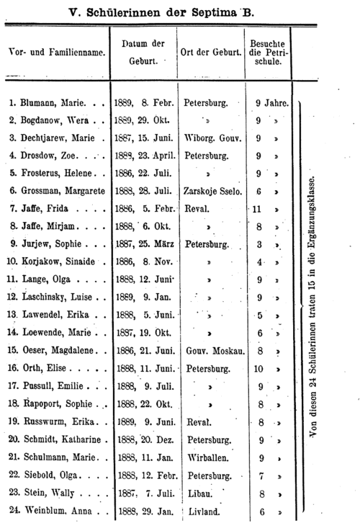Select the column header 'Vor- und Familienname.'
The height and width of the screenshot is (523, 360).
(55, 53)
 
